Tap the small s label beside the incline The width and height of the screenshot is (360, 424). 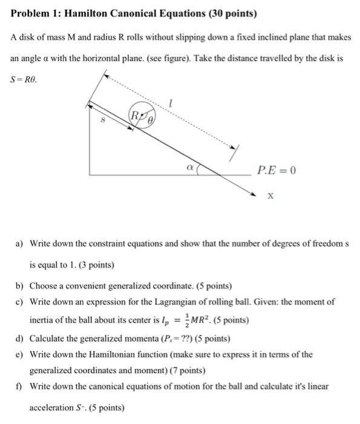pos(102,121)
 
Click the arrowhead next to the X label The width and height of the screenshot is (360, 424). pos(254,193)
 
